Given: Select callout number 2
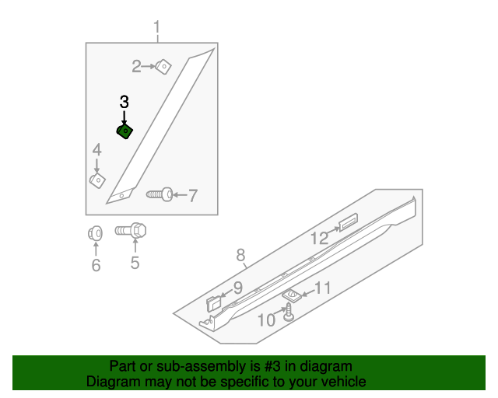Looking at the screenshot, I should tap(136, 67).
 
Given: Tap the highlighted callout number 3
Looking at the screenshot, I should tap(124, 102).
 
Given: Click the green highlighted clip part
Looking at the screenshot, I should tap(124, 131).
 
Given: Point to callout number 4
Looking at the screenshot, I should tap(96, 150).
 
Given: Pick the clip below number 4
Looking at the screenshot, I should tap(96, 181).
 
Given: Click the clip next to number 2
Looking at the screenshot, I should tap(163, 66).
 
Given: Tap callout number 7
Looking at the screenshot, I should tap(192, 195).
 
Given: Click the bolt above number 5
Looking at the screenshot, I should tap(133, 231).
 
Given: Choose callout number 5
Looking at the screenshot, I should tap(135, 264).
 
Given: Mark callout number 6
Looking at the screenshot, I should tap(96, 266).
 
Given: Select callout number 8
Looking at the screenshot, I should tap(240, 255).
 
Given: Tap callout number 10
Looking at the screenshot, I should tap(266, 319).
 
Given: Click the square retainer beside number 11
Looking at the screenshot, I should tap(292, 295).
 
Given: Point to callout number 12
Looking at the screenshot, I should tap(320, 239).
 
